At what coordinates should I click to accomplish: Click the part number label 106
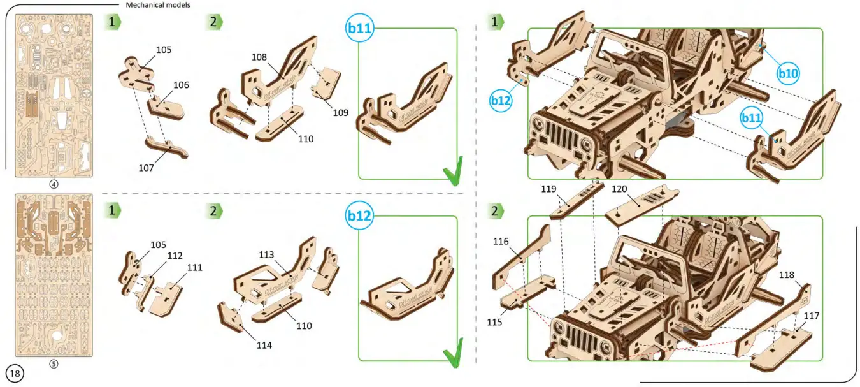(181, 85)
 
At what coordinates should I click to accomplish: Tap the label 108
(259, 57)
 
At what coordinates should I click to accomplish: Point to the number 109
(340, 112)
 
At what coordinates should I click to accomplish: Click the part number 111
(194, 268)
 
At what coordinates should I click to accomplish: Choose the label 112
(175, 256)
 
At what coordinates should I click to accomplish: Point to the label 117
(811, 316)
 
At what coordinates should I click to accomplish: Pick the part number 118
(786, 275)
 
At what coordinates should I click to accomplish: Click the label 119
(549, 189)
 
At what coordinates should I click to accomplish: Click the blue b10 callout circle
(788, 73)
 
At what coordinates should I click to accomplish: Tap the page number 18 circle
(15, 373)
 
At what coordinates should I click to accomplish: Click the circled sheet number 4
(54, 184)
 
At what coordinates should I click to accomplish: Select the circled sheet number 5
(54, 364)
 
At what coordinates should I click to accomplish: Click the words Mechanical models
(158, 4)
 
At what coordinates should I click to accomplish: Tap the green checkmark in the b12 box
(454, 353)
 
